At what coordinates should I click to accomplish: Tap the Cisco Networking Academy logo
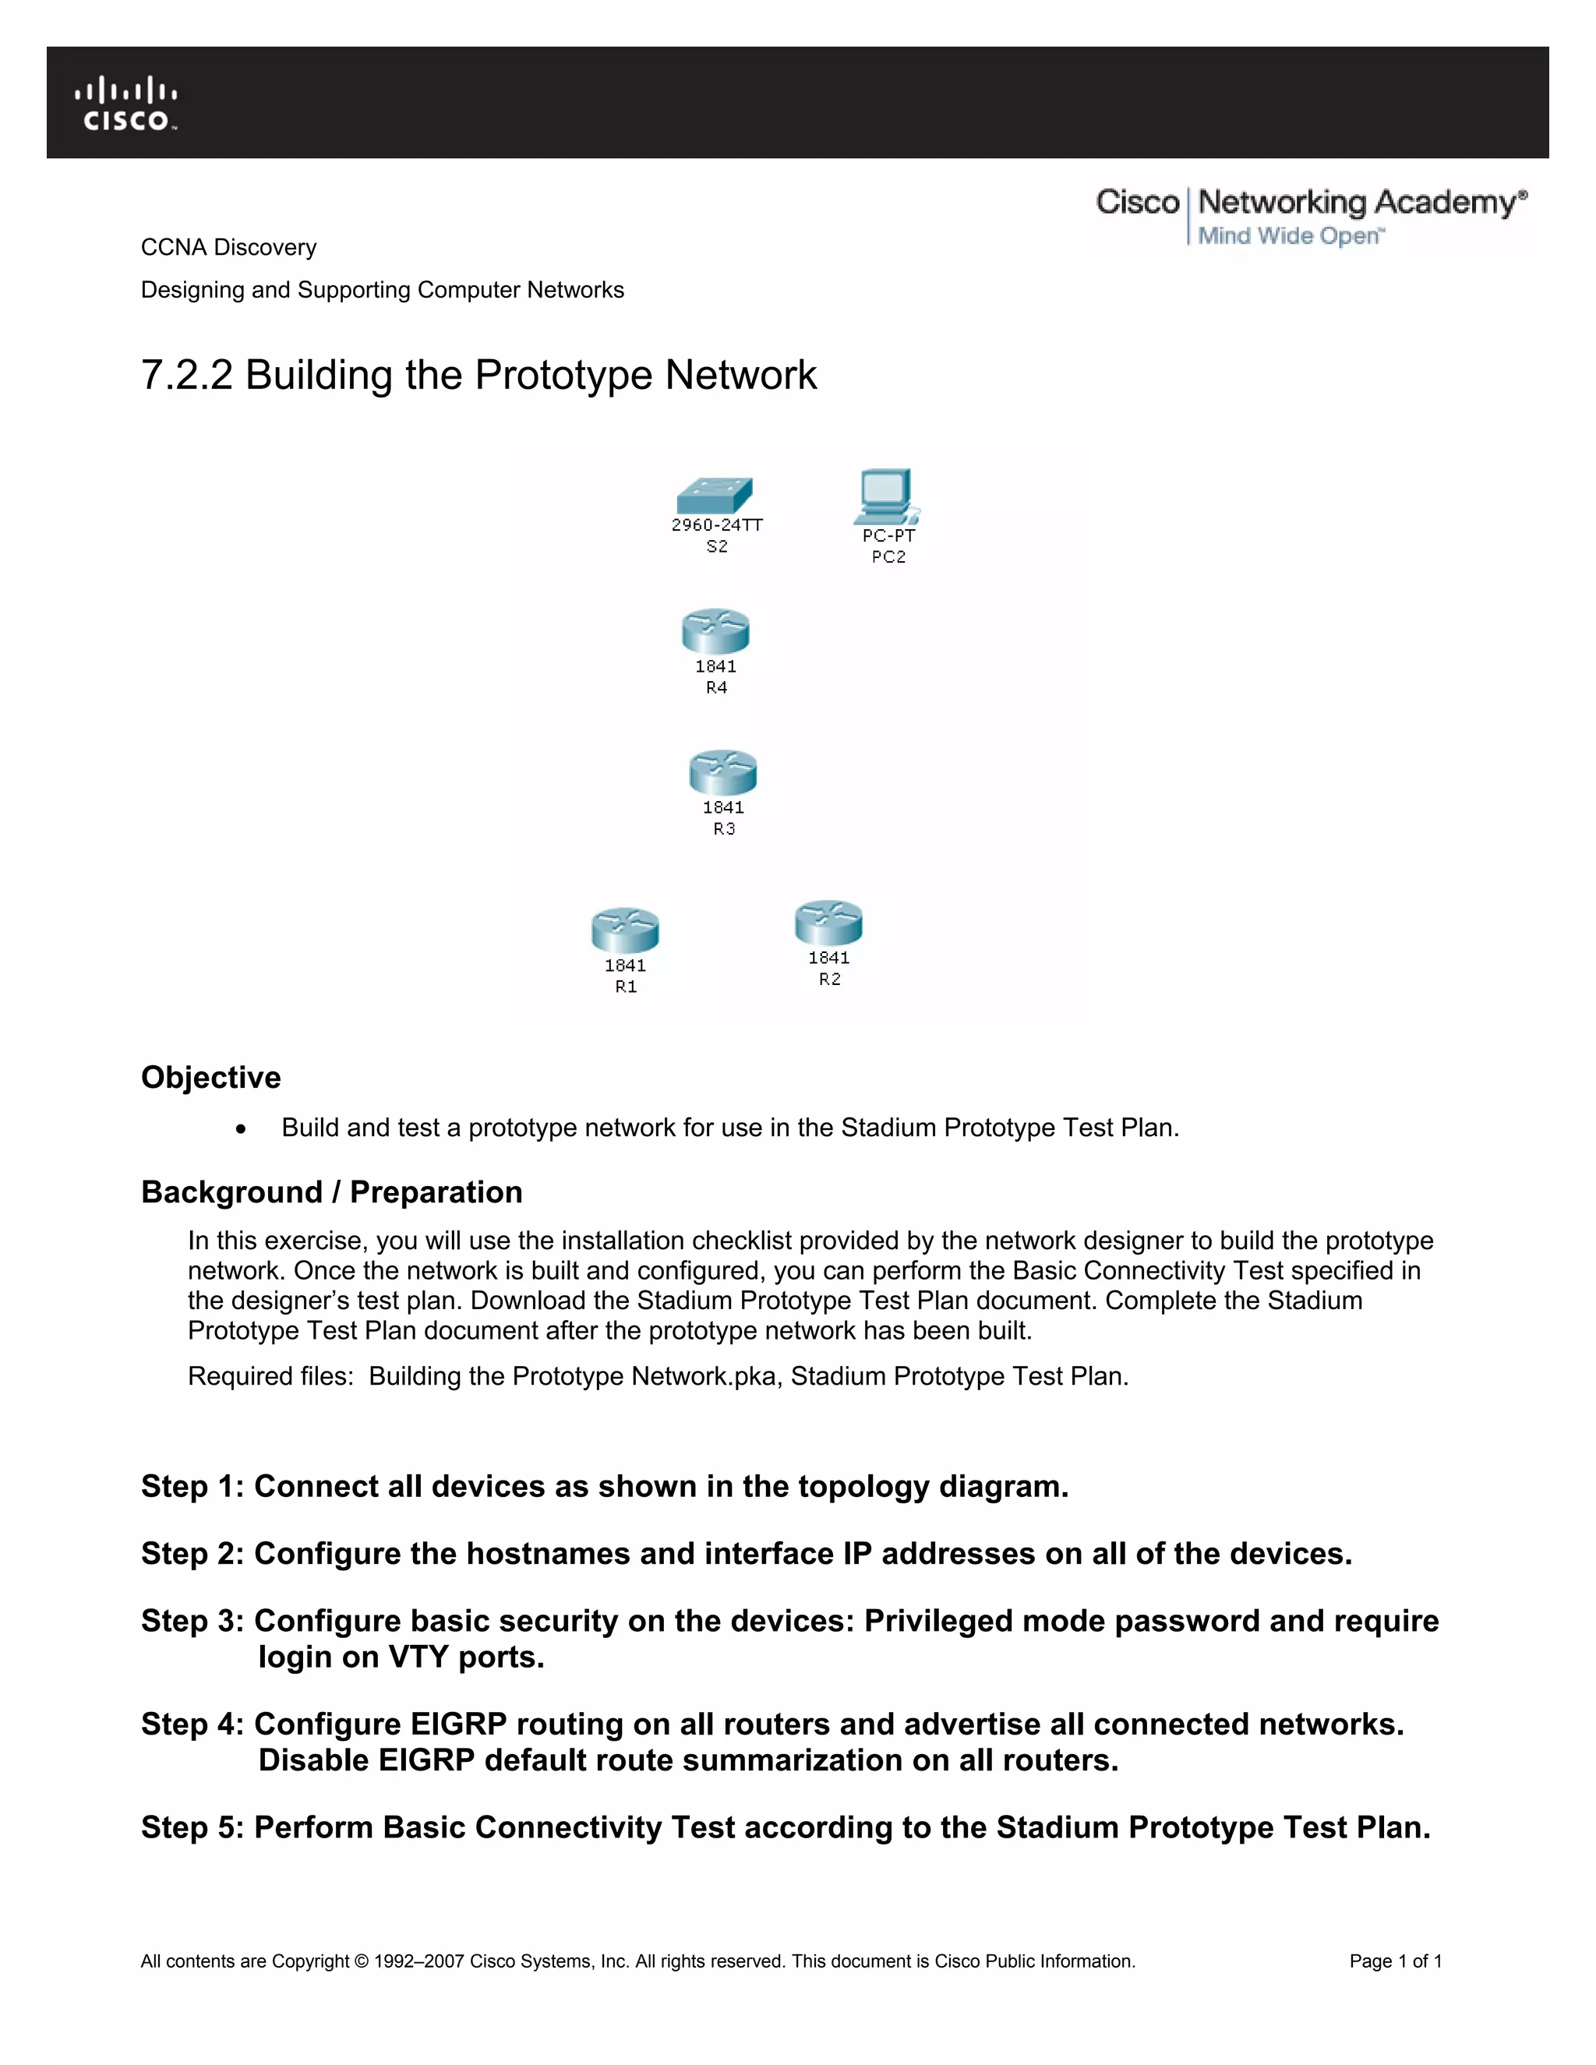[x=1311, y=216]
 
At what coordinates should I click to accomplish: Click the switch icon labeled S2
[x=715, y=496]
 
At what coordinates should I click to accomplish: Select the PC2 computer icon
[x=886, y=496]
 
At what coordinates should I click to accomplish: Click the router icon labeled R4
[x=715, y=630]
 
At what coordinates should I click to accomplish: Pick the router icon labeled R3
[x=723, y=771]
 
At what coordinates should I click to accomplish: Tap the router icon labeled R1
[x=625, y=930]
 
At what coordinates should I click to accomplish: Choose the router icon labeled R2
[x=828, y=922]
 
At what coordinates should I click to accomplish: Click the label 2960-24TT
[x=717, y=524]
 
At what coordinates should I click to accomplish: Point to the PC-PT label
[x=888, y=535]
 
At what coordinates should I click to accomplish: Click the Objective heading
[x=211, y=1077]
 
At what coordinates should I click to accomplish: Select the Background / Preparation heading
[x=331, y=1191]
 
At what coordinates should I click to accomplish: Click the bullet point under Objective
[x=242, y=1129]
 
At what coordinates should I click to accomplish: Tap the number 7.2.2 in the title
[x=186, y=376]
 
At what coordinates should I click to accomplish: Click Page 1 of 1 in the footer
[x=1395, y=1961]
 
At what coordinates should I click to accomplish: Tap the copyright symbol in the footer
[x=361, y=1961]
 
